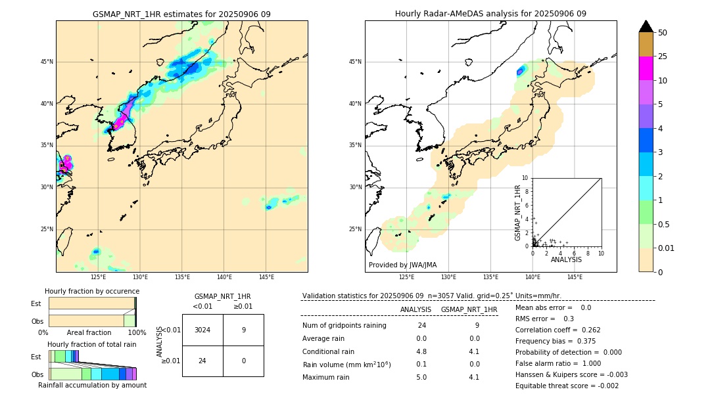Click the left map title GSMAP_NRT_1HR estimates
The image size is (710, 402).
pos(181,14)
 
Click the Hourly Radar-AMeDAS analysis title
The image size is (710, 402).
pos(490,14)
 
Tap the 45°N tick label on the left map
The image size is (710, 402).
pos(47,62)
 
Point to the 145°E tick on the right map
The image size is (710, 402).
pos(575,277)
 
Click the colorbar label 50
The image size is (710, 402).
pos(663,32)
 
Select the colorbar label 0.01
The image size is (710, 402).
pos(667,248)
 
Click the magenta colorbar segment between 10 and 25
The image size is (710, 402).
pos(646,68)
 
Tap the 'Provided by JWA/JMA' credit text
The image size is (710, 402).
pos(402,265)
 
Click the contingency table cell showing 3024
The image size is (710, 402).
pos(202,330)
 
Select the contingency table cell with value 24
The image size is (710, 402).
pos(202,361)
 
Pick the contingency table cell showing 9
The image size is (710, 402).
pos(243,330)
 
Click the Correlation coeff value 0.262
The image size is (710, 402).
pos(588,330)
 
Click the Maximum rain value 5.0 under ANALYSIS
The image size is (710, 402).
pos(421,377)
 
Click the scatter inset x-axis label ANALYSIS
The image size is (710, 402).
pos(566,259)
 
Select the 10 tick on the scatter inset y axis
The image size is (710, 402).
pos(525,177)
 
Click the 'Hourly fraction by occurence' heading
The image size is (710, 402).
pos(92,291)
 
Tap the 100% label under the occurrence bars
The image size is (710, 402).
pos(137,332)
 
